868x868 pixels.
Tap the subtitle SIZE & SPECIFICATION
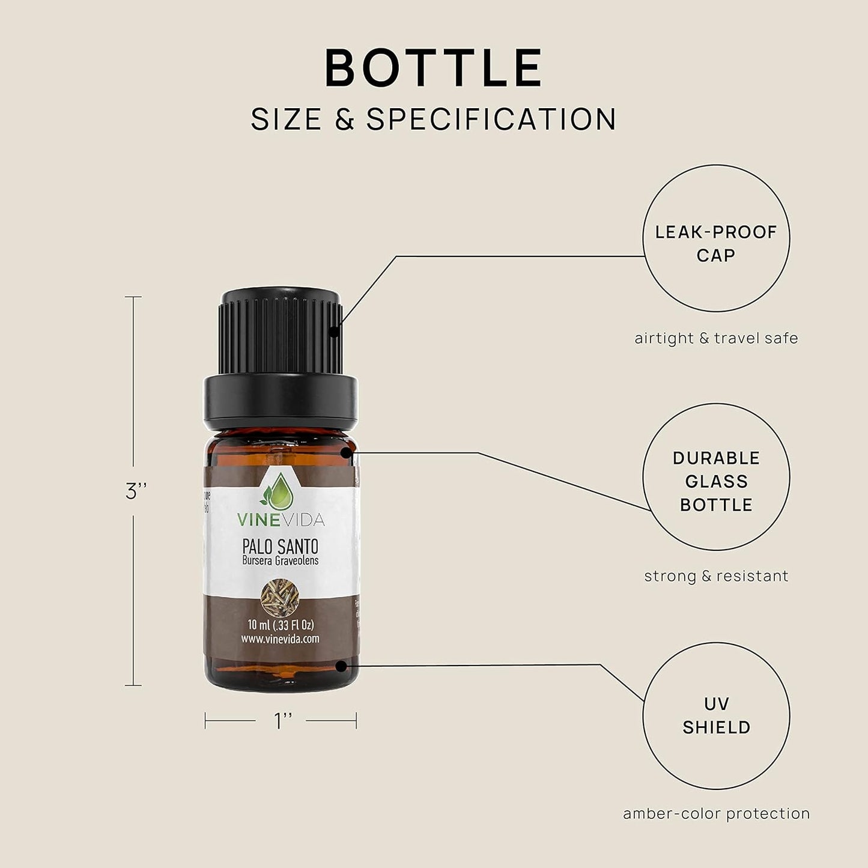(x=434, y=119)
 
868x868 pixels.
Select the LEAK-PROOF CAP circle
(x=716, y=238)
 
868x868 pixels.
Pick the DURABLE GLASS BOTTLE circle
(x=716, y=477)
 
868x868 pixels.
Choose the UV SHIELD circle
(x=716, y=715)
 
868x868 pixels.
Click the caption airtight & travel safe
(x=716, y=338)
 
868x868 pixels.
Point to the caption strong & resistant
(x=716, y=576)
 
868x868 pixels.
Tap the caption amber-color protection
(x=716, y=814)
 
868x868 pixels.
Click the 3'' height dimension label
(x=136, y=491)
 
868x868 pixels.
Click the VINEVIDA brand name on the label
(x=281, y=520)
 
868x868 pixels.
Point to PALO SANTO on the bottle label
(x=280, y=547)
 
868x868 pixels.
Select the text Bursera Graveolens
(x=280, y=561)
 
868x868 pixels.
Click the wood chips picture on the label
(x=280, y=595)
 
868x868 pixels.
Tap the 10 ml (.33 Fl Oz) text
(x=280, y=625)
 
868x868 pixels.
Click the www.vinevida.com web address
(x=280, y=639)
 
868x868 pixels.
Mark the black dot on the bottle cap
(x=335, y=329)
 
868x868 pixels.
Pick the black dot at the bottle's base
(x=341, y=666)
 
